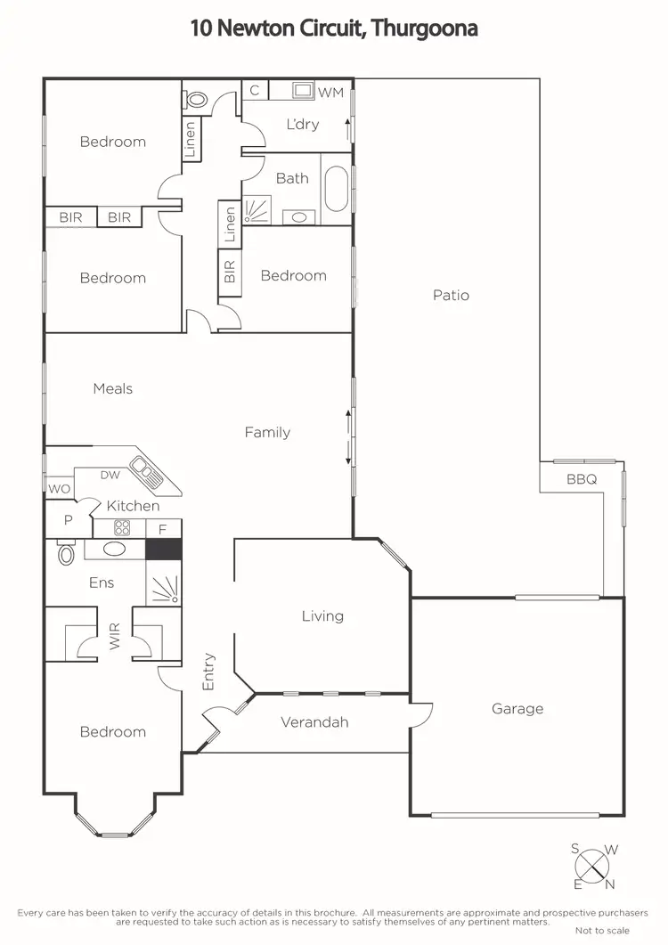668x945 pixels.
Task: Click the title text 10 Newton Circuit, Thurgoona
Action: [334, 28]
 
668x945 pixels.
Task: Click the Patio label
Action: [451, 295]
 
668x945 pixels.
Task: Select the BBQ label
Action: [582, 478]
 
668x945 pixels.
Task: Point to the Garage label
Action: [517, 709]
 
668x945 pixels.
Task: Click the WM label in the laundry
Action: [330, 92]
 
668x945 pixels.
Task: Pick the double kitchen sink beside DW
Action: [147, 471]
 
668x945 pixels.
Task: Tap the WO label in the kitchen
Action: [59, 488]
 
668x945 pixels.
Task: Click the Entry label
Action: [208, 672]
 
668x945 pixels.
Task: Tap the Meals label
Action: [113, 388]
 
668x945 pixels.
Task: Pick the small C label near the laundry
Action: [255, 90]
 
